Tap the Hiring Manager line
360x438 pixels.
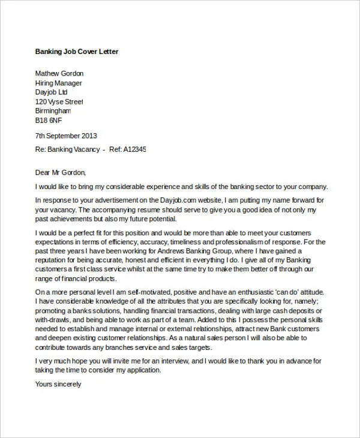click(59, 83)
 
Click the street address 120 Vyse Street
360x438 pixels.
click(59, 102)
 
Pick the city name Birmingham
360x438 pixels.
click(53, 111)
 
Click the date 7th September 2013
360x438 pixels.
click(66, 136)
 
